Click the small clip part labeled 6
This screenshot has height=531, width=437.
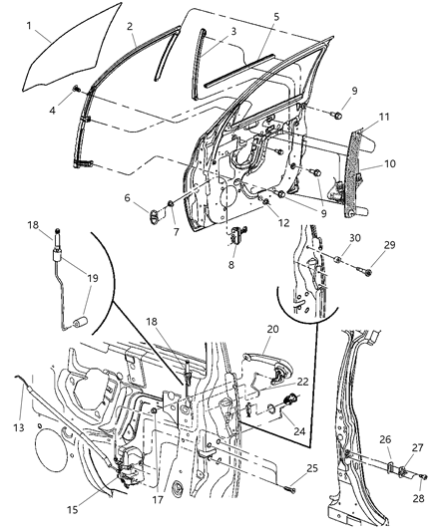click(x=153, y=211)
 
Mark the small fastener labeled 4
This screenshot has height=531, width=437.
click(x=76, y=90)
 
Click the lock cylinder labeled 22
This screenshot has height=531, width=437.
click(x=293, y=404)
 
